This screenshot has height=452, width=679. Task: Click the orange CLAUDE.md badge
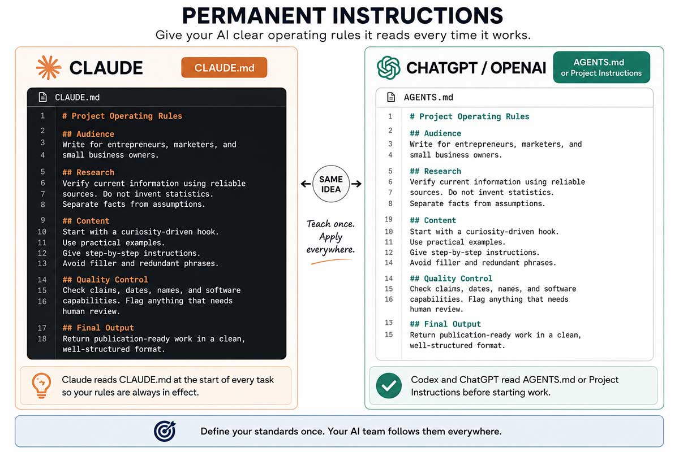[x=224, y=67]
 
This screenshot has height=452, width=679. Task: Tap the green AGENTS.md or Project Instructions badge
[x=601, y=67]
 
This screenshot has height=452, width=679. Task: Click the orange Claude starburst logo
[x=49, y=67]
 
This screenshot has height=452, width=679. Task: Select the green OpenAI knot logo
[x=388, y=67]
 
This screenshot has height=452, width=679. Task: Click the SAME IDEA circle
[x=330, y=184]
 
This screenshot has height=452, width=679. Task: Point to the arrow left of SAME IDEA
[x=306, y=184]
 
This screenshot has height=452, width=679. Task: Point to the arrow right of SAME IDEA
[x=356, y=184]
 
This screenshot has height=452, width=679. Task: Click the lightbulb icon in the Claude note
[x=41, y=385]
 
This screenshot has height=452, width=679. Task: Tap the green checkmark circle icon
[x=389, y=385]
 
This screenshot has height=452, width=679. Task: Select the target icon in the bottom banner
[x=165, y=431]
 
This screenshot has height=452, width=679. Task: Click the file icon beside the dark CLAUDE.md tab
[x=43, y=97]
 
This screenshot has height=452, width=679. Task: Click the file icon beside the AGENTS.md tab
[x=391, y=97]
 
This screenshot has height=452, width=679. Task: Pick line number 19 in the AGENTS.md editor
[x=389, y=219]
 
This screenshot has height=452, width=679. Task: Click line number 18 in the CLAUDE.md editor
[x=42, y=338]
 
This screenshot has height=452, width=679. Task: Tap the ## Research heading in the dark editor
[x=88, y=172]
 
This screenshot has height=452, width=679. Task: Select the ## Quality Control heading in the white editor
[x=451, y=278]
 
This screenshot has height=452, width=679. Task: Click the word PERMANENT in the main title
[x=254, y=15]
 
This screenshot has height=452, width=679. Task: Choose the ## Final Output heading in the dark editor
[x=98, y=328]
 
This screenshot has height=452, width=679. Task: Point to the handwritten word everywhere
[x=330, y=250]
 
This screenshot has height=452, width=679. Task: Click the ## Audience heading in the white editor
[x=435, y=133]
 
